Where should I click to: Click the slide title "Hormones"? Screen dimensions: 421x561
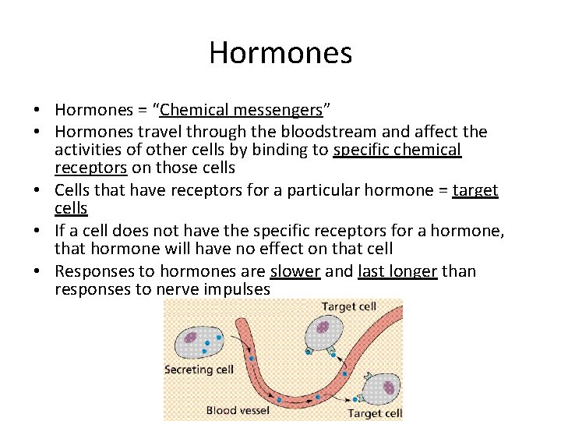pos(280,53)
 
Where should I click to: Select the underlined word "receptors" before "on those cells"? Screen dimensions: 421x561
pos(91,168)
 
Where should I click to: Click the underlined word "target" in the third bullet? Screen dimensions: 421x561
pos(475,189)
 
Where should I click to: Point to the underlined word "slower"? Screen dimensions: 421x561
pos(295,271)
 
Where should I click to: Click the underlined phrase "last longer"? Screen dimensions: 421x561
pos(397,271)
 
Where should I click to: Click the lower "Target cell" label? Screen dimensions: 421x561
pos(375,413)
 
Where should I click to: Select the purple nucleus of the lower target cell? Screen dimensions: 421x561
pos(390,387)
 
